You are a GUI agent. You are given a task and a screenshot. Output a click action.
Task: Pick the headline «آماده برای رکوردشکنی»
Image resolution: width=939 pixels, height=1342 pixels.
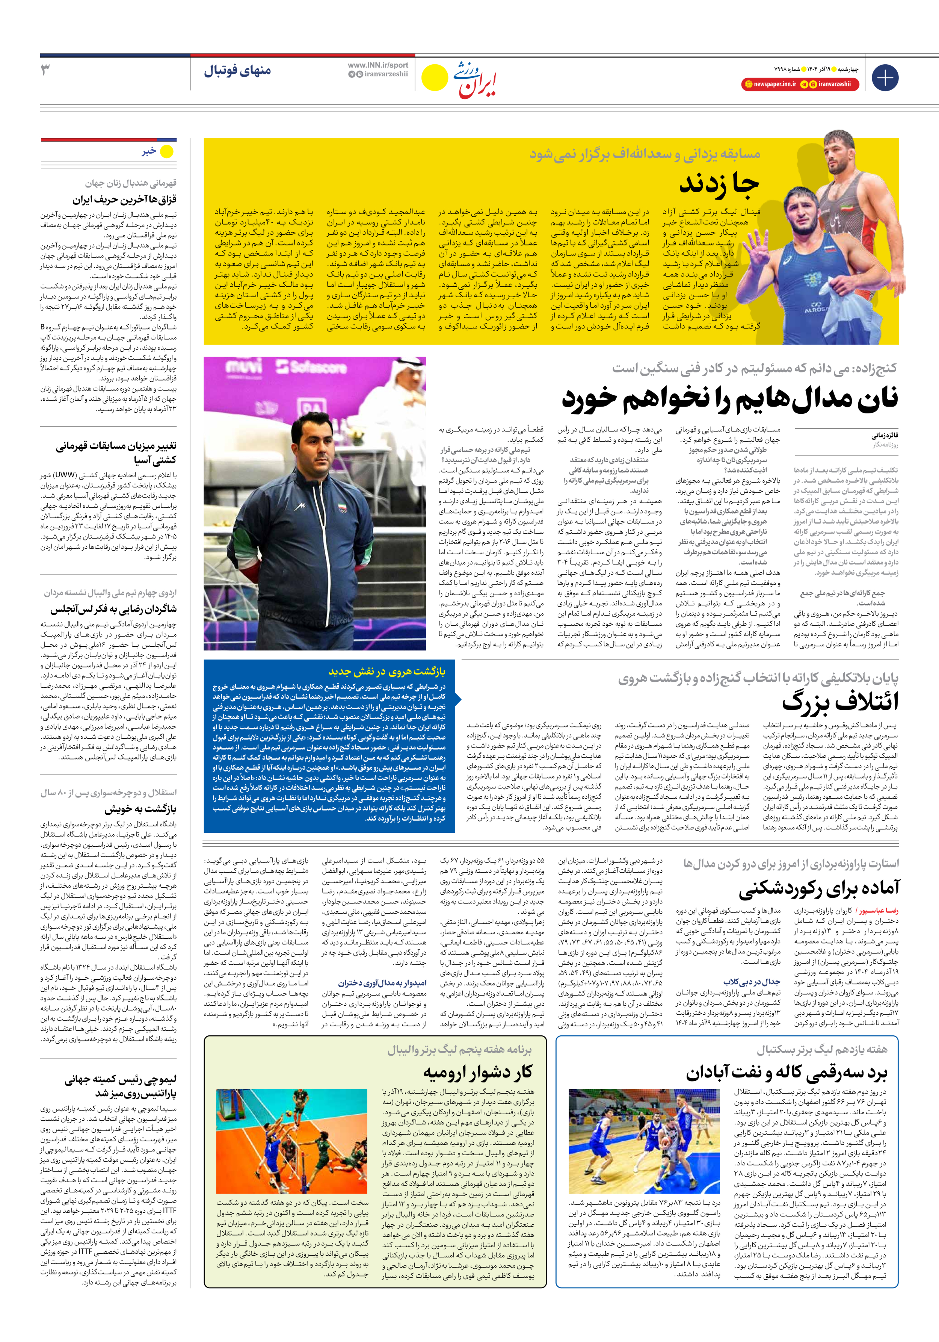[819, 889]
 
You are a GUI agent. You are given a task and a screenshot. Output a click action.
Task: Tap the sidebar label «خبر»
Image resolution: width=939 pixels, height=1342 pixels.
[149, 151]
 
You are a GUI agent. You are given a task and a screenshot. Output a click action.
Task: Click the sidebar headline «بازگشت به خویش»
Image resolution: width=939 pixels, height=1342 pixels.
[140, 809]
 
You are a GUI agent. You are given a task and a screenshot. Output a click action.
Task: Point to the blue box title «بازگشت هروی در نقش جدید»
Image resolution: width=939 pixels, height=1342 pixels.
[387, 671]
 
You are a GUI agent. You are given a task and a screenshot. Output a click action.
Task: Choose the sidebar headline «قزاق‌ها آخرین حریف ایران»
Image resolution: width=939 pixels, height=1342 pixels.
[124, 199]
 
